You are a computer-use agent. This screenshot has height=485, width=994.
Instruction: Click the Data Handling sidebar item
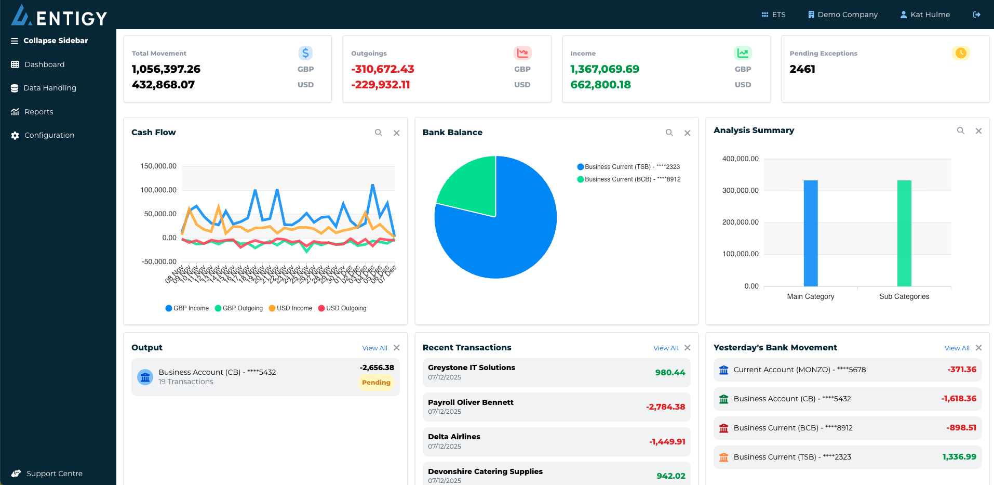coord(49,88)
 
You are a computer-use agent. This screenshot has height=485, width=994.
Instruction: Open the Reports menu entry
coord(38,112)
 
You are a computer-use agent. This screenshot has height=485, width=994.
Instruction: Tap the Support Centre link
coord(54,474)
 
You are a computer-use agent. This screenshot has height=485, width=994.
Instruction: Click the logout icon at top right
coord(976,15)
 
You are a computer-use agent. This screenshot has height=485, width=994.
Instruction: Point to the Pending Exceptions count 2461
coord(802,69)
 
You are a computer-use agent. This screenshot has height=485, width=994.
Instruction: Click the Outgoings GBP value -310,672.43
coord(383,69)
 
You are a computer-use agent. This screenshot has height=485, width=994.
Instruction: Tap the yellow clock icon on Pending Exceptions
coord(960,53)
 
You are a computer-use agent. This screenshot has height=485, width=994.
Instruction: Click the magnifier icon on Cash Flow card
coord(379,133)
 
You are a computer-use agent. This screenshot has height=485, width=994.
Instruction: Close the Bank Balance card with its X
coord(687,133)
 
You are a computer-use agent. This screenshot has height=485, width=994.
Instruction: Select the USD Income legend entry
coord(291,308)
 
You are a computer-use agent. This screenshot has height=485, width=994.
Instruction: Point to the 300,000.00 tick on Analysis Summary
coord(740,191)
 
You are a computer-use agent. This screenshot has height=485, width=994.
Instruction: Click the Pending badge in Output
coord(376,383)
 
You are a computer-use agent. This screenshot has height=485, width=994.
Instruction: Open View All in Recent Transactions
coord(665,348)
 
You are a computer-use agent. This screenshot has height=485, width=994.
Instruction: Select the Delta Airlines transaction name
coord(454,437)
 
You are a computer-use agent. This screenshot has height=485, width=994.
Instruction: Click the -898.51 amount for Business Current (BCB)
coord(961,428)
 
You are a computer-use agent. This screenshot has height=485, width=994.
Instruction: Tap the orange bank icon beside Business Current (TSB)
coord(723,457)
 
